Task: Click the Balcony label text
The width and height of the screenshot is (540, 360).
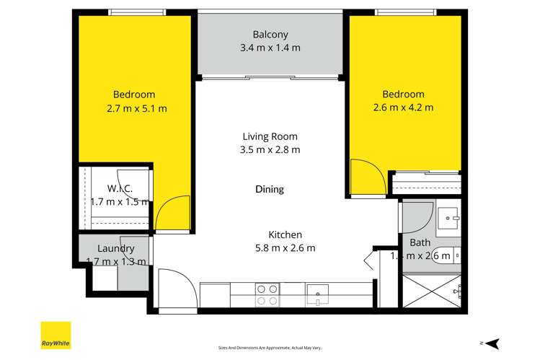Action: pyautogui.click(x=270, y=34)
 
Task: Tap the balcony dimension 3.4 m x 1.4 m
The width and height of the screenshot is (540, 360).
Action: pyautogui.click(x=270, y=48)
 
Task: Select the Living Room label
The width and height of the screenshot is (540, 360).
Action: pyautogui.click(x=270, y=136)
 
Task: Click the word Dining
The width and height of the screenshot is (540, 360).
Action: pyautogui.click(x=270, y=189)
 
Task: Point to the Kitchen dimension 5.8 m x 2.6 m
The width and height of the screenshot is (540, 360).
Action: pyautogui.click(x=286, y=248)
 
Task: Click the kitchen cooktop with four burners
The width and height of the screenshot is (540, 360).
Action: pyautogui.click(x=267, y=295)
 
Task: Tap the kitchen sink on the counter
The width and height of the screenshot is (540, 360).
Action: pyautogui.click(x=317, y=294)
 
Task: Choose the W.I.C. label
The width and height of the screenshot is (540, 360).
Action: pyautogui.click(x=119, y=189)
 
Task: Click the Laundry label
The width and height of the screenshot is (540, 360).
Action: pyautogui.click(x=115, y=249)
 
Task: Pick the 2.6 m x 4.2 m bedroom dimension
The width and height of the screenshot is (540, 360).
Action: pyautogui.click(x=404, y=108)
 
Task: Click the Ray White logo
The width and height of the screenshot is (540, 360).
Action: pyautogui.click(x=55, y=335)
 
